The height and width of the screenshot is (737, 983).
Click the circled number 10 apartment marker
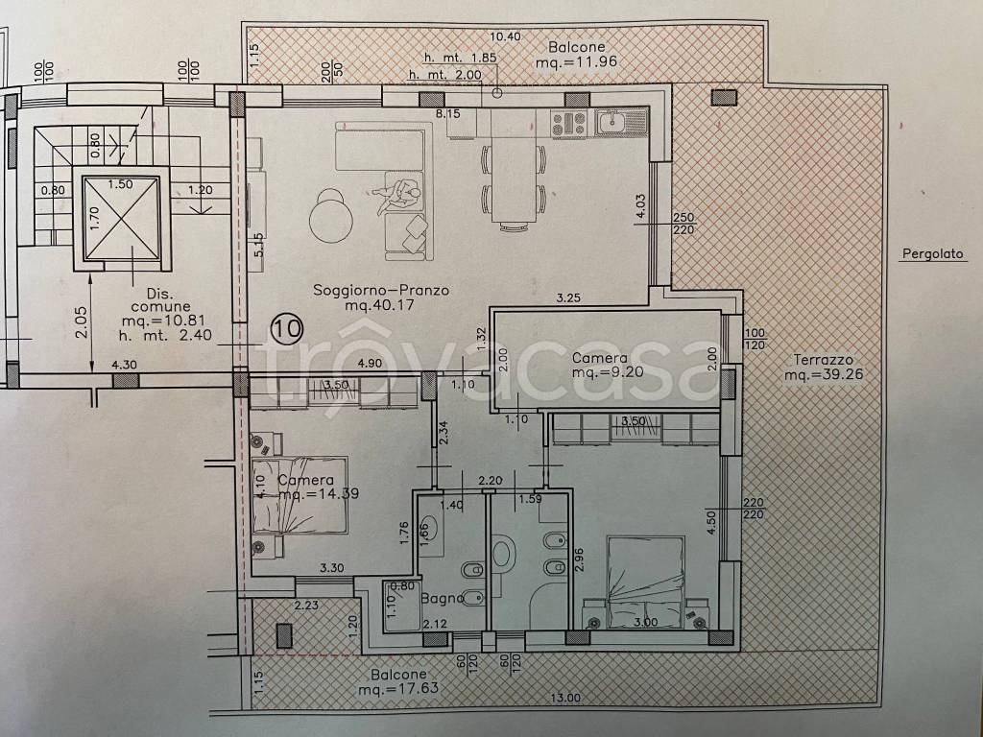(x=287, y=328)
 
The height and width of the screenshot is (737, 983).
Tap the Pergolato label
(x=932, y=254)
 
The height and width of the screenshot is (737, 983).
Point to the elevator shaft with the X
(x=121, y=218)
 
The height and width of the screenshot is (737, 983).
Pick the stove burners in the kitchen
(x=568, y=122)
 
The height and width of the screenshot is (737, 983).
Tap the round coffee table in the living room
(x=330, y=216)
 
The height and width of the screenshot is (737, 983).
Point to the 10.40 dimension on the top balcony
(x=505, y=36)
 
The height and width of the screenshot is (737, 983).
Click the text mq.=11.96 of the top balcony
(x=577, y=62)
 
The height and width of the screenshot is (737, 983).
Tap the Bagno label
(x=442, y=599)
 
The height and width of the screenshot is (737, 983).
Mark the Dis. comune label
(x=161, y=300)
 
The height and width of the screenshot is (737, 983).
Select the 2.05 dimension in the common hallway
(x=83, y=322)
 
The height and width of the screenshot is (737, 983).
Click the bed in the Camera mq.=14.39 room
(x=300, y=495)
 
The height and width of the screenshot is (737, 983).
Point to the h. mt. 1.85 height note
(x=461, y=58)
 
